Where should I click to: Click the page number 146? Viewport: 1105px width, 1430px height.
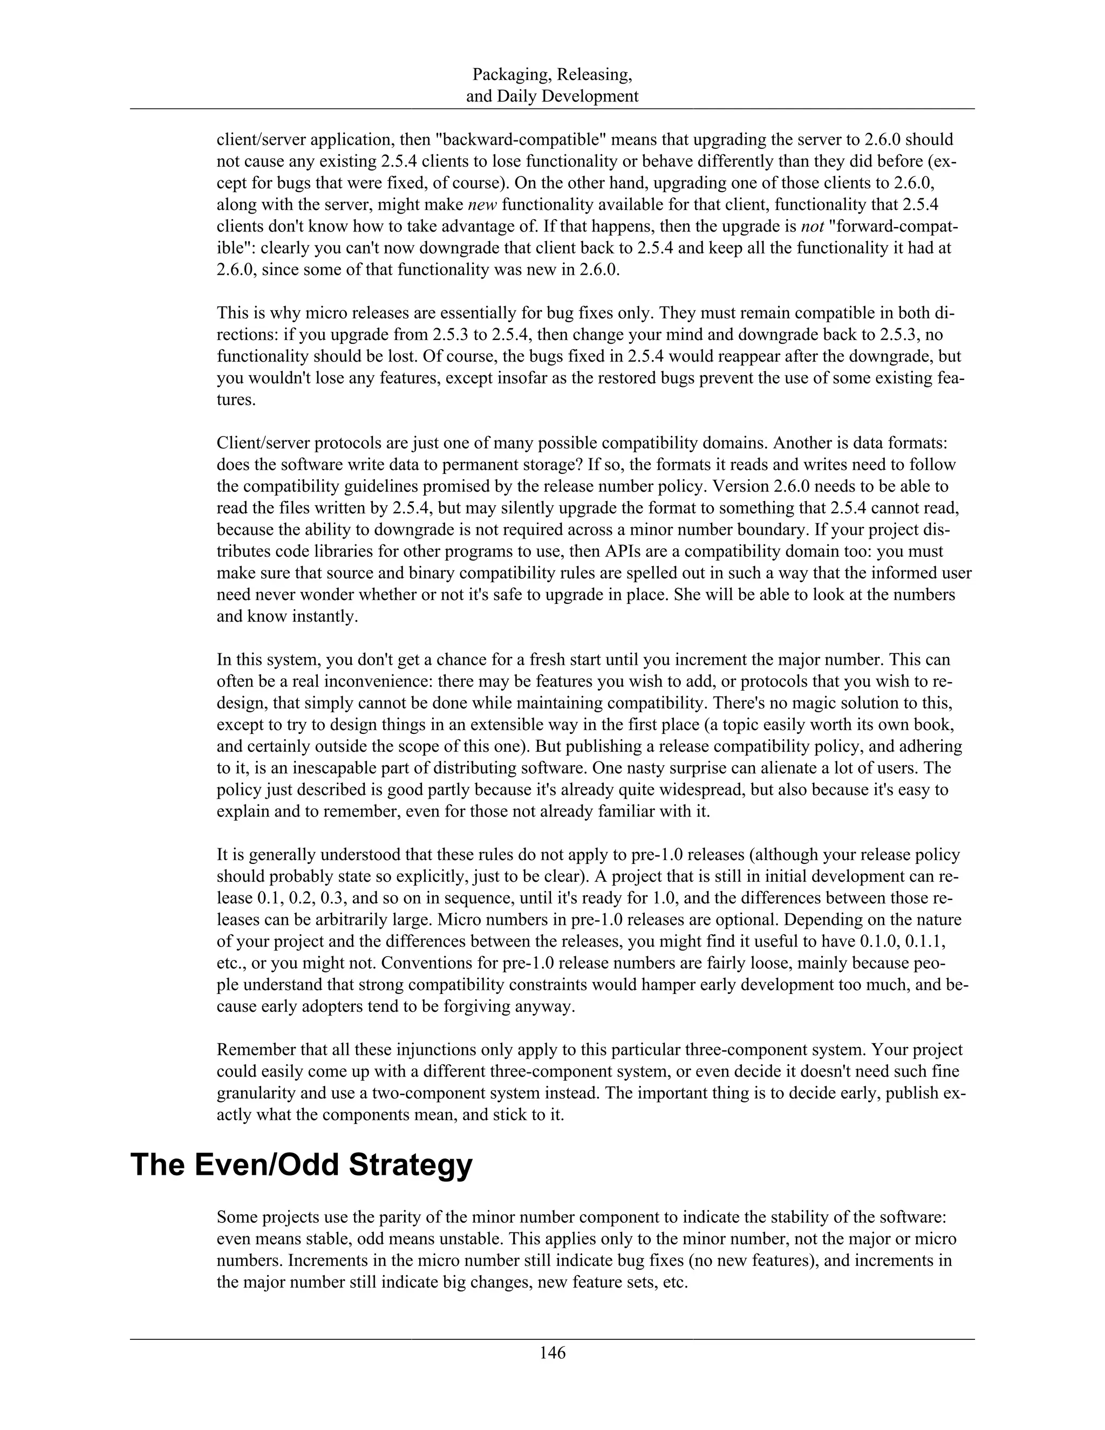552,1352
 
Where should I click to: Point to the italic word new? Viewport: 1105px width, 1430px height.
483,205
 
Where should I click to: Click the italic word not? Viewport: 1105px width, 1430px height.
814,227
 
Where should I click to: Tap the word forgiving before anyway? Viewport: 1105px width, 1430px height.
476,1006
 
